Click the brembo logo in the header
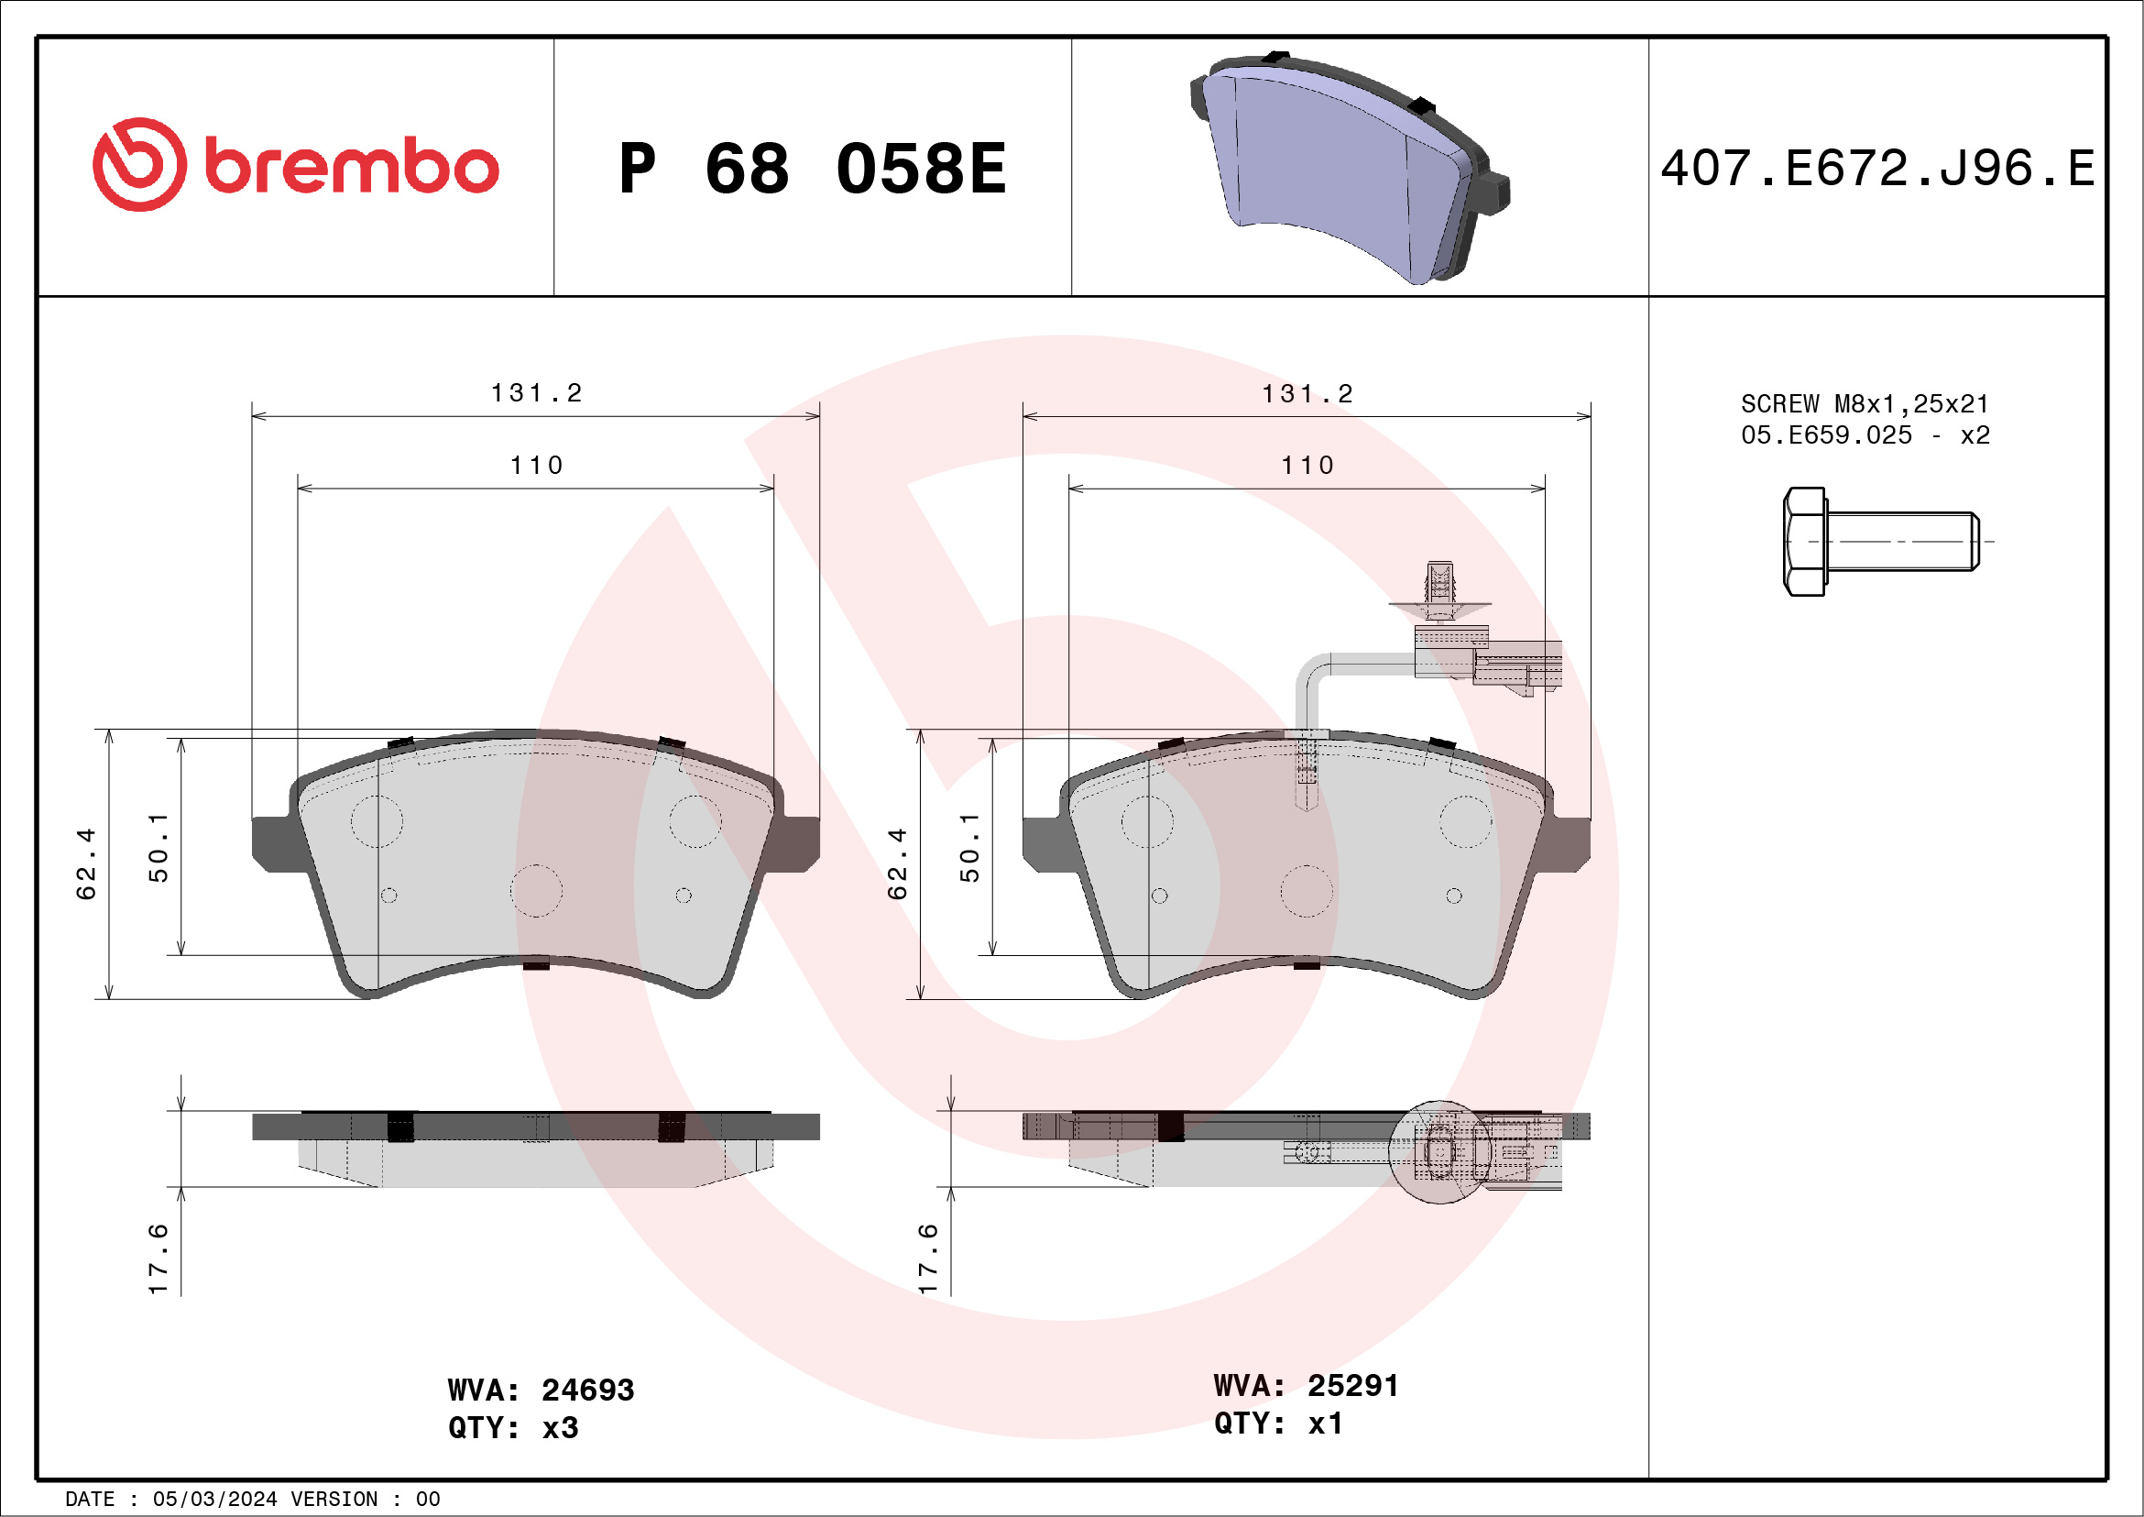coord(295,164)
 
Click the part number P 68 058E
coord(813,169)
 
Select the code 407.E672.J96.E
coord(1877,169)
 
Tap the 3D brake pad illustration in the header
coord(1350,168)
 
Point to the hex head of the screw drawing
coord(1804,541)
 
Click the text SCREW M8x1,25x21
coord(1865,403)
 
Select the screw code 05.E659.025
coord(1826,434)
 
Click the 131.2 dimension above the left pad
coord(536,393)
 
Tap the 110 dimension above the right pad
coord(1307,466)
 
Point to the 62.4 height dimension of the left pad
coord(86,863)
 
